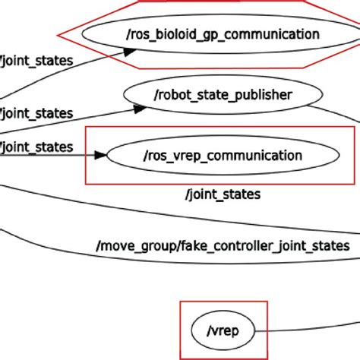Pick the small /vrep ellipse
tap(223, 330)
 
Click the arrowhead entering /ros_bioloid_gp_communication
tap(130, 52)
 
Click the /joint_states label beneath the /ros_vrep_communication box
tap(223, 194)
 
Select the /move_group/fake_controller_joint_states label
tap(223, 245)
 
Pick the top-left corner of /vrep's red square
tap(181, 302)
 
